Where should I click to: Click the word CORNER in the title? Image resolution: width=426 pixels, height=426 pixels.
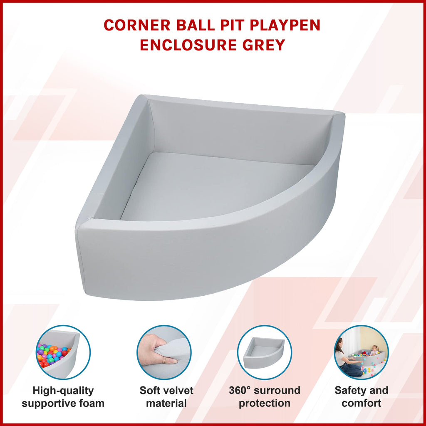(137, 25)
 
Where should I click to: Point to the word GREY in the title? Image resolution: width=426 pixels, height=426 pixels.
(264, 45)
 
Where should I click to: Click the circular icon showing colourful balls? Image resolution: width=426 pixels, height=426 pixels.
(63, 352)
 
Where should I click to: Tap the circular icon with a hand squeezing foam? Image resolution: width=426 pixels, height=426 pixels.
(164, 352)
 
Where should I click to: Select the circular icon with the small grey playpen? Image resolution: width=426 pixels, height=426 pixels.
(265, 352)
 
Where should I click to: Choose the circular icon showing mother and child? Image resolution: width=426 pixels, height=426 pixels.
(362, 352)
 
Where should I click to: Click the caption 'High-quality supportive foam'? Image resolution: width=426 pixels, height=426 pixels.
(63, 397)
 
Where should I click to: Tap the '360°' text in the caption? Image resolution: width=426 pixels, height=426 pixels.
(239, 390)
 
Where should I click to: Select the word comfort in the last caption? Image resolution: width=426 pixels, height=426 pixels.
(362, 403)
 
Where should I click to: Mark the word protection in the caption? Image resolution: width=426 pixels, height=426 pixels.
(265, 404)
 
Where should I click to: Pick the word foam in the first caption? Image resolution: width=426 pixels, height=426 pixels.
(93, 403)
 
